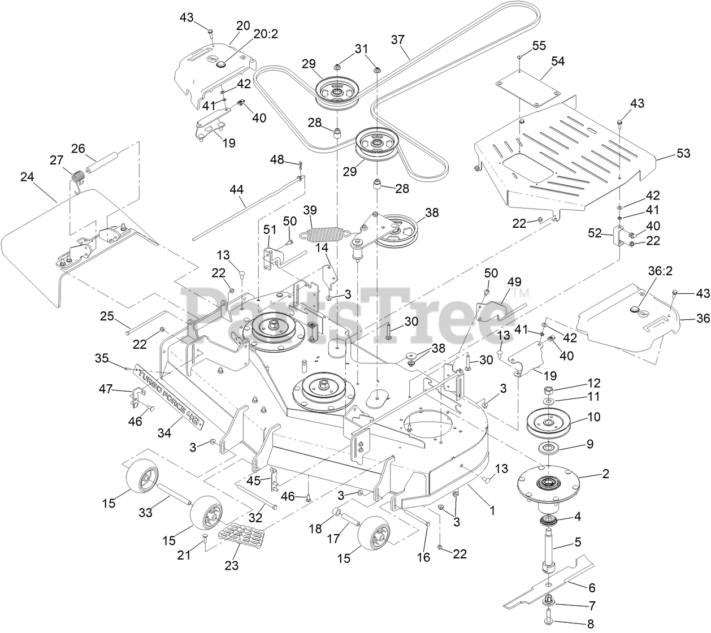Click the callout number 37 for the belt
pos(398,40)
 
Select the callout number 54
pos(543,61)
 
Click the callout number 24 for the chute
pos(27,177)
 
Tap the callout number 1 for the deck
pos(492,510)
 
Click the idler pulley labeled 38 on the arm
pos(402,230)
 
